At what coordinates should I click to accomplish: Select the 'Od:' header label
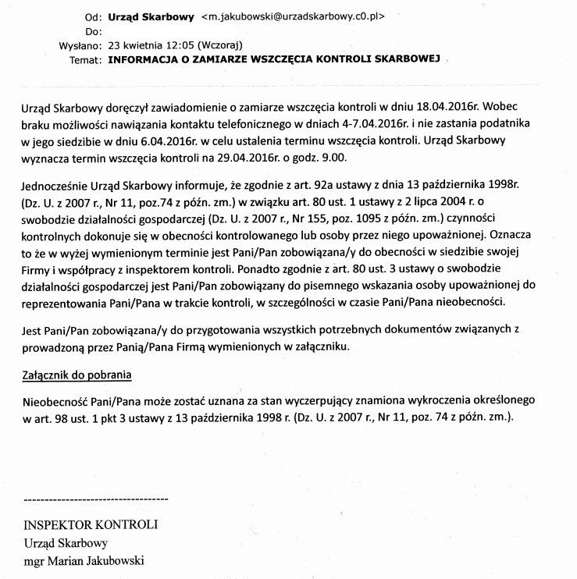click(91, 16)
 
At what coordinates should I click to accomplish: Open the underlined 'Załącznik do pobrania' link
click(76, 375)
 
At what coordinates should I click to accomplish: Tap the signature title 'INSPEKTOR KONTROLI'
click(91, 524)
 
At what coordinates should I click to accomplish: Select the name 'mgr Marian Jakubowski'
click(84, 560)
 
